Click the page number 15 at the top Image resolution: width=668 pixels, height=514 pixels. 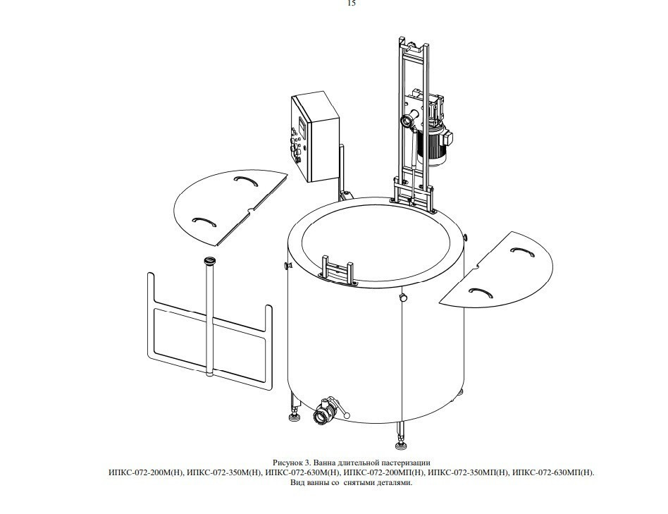(x=352, y=4)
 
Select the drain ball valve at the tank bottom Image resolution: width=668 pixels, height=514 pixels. (x=326, y=410)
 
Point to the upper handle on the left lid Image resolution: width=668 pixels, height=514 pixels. (x=246, y=181)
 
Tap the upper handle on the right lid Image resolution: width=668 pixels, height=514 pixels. (x=522, y=252)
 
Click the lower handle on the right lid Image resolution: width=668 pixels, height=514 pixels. (x=481, y=291)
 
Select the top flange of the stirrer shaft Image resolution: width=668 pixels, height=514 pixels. (x=210, y=260)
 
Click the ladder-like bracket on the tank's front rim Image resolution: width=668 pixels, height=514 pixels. (x=338, y=270)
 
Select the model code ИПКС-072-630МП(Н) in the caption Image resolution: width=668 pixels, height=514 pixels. (x=553, y=472)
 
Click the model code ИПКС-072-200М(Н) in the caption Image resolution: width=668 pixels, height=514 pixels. (x=146, y=472)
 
